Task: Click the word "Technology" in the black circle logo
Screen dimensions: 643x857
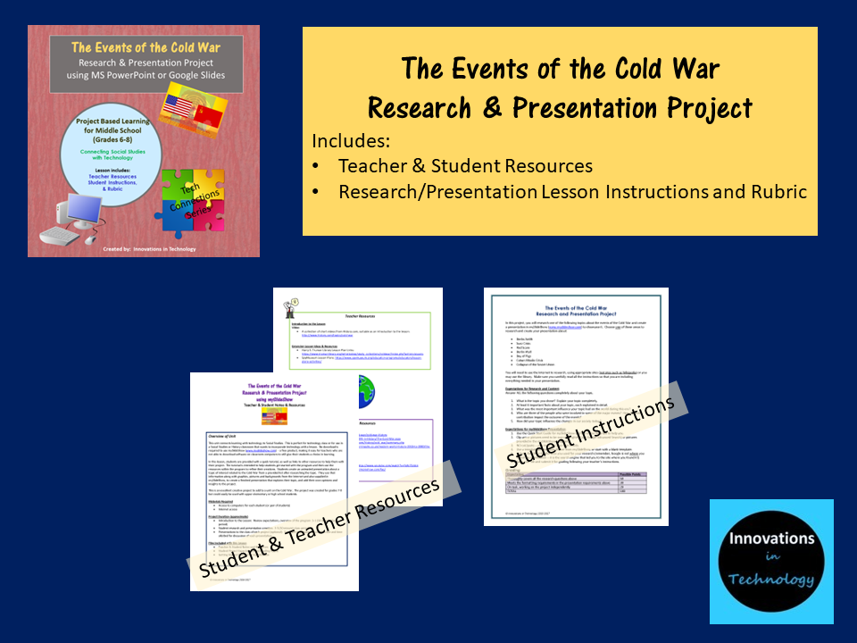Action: pos(771,580)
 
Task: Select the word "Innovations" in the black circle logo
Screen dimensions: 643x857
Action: pos(771,539)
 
